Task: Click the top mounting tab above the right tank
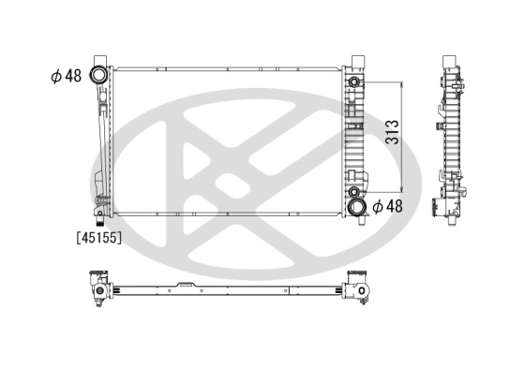(x=356, y=62)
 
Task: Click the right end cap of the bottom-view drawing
(x=359, y=289)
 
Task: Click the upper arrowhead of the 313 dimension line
(x=403, y=84)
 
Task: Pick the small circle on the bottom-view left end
(x=96, y=290)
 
